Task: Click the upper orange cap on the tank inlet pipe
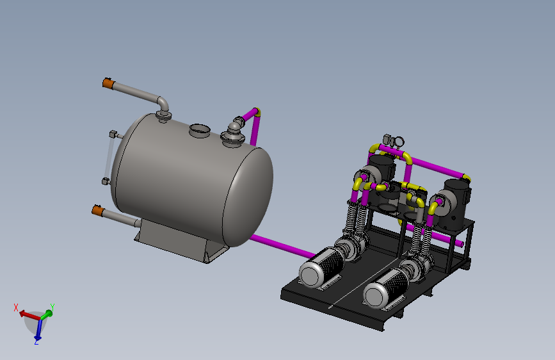click(108, 84)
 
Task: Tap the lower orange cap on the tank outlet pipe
click(98, 211)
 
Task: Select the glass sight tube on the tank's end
click(109, 158)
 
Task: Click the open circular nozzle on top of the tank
click(200, 130)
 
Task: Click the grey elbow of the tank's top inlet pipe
click(163, 103)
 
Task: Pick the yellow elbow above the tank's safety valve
click(257, 112)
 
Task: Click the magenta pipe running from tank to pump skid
click(282, 246)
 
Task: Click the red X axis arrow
click(29, 315)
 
